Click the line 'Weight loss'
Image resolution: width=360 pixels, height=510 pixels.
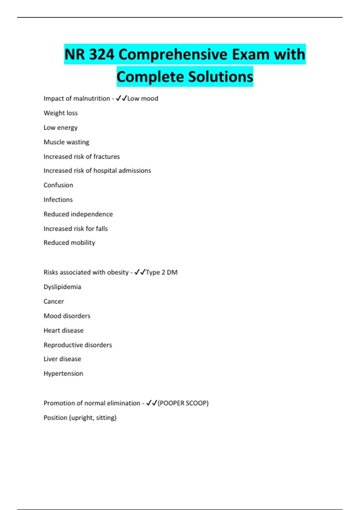tap(61, 113)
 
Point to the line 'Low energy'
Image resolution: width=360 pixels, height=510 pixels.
tap(61, 127)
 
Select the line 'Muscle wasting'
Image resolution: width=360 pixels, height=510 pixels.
tap(66, 142)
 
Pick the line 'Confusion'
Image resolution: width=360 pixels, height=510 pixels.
tap(58, 185)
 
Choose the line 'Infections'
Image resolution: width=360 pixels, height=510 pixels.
tap(58, 199)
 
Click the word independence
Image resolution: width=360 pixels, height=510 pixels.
tap(95, 214)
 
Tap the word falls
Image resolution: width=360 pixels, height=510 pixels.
tap(102, 229)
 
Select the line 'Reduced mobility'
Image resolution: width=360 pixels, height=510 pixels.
tap(69, 243)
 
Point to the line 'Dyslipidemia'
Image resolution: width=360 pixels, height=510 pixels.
tap(62, 287)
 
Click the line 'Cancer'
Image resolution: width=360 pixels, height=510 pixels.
tap(54, 301)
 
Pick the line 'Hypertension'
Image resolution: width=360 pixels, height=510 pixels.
tap(63, 373)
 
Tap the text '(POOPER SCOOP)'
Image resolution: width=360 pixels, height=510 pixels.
tap(183, 403)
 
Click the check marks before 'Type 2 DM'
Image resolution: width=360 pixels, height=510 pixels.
tap(140, 272)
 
